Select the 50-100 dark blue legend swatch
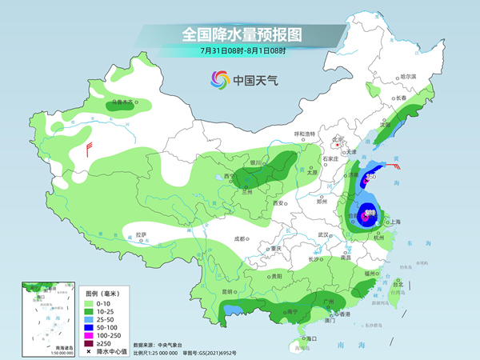point(90,326)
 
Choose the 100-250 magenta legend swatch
point(90,335)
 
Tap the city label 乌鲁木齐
point(121,102)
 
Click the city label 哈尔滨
point(409,76)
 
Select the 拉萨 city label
point(142,234)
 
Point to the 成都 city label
point(239,238)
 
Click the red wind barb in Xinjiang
point(89,149)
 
